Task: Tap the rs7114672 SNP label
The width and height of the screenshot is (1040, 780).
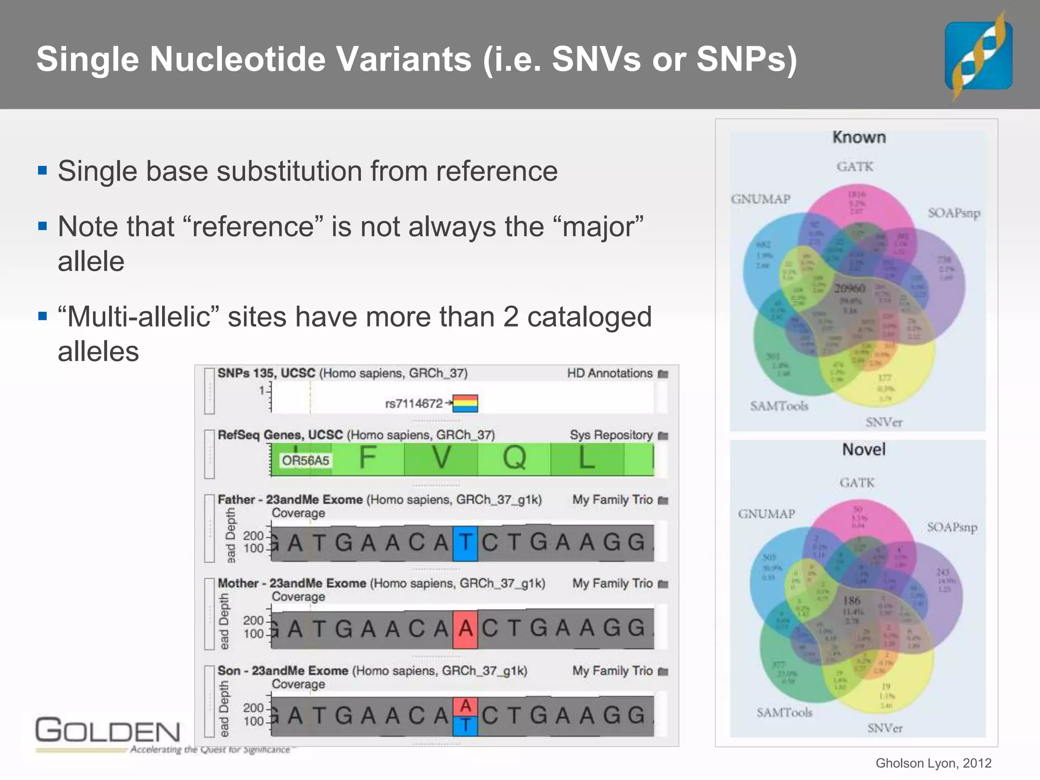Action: coord(414,404)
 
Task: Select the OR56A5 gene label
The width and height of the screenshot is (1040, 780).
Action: coord(305,461)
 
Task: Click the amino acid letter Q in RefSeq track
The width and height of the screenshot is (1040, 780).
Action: coord(514,458)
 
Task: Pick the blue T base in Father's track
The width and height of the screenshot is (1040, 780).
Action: coord(465,543)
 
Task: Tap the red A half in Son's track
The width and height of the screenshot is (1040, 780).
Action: coord(465,706)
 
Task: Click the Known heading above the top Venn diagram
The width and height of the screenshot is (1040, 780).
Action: coord(859,138)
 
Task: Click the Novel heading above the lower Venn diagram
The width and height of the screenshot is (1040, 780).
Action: coord(863,449)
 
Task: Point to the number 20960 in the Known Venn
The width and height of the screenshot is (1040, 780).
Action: coord(850,288)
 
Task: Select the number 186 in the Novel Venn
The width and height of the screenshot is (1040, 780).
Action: coord(852,601)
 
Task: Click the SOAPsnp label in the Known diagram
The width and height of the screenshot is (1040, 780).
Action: coord(954,213)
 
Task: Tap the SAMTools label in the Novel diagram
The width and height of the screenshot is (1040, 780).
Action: coord(784,712)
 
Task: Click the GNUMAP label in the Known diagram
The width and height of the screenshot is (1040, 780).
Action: coord(760,199)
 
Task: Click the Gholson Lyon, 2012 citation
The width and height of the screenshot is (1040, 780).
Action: coord(933,763)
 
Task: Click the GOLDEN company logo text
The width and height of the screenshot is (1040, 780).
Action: coord(108,731)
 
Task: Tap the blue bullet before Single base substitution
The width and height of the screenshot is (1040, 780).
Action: coord(43,171)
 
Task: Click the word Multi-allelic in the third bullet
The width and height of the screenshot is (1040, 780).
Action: coord(139,317)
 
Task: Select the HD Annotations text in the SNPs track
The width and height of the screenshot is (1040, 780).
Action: coord(609,373)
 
